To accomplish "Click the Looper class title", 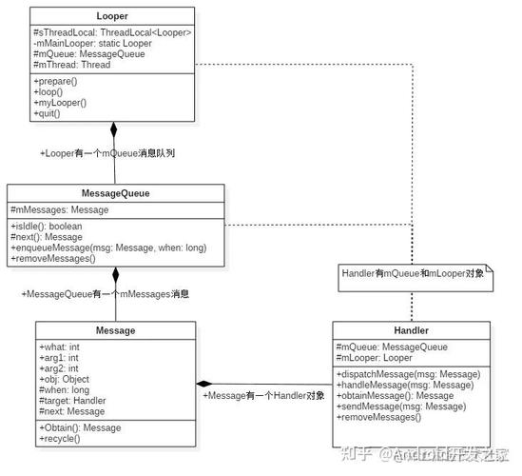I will click(x=113, y=16).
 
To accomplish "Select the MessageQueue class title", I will click(x=115, y=192).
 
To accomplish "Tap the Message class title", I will click(x=115, y=330).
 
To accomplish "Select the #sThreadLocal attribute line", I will click(x=113, y=33).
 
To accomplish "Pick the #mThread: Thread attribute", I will click(x=71, y=65).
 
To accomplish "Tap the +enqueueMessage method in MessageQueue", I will click(x=108, y=248).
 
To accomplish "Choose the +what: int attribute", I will click(x=61, y=347).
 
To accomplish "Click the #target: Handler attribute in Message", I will click(x=72, y=401).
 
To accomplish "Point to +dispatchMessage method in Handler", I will click(x=408, y=374).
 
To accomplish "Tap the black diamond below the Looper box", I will click(x=113, y=129).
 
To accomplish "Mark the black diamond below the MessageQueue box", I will click(x=116, y=275).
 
